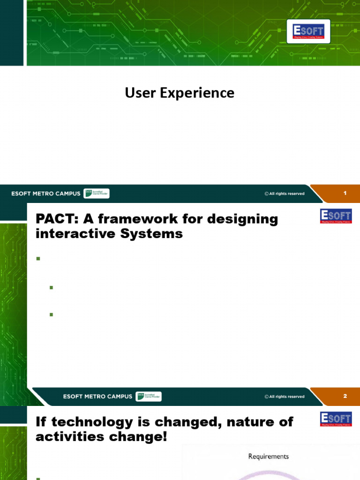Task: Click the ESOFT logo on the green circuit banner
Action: pos(308,31)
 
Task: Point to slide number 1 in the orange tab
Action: pos(345,193)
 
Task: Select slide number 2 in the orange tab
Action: pos(345,396)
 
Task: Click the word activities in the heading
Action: pos(71,436)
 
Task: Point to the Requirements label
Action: pos(268,456)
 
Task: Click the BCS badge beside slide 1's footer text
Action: pos(96,194)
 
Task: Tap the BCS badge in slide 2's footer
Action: pos(148,397)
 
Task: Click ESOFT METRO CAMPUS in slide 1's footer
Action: pos(46,194)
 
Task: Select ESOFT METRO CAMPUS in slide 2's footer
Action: pos(97,397)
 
